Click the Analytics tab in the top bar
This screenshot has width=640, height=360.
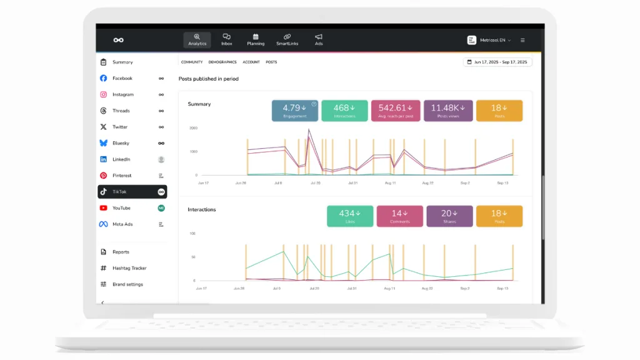click(197, 40)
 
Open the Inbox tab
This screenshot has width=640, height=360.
click(226, 40)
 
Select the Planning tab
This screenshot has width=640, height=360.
click(256, 40)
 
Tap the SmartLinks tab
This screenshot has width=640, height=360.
click(287, 40)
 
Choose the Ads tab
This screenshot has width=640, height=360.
click(319, 40)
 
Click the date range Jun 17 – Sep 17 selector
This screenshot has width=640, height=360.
click(497, 62)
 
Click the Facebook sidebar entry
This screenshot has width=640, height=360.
click(122, 78)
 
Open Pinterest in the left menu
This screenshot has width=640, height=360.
click(122, 176)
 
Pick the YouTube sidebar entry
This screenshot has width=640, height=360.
click(121, 208)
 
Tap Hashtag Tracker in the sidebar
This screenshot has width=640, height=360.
click(129, 268)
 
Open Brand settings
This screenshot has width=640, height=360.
click(127, 284)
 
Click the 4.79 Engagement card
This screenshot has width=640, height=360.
click(295, 111)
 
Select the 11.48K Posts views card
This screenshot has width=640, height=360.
click(448, 111)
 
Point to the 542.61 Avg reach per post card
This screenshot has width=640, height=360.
click(396, 111)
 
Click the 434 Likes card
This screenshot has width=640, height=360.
click(350, 216)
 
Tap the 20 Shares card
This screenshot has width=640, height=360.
click(449, 216)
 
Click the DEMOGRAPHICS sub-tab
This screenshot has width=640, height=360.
click(222, 62)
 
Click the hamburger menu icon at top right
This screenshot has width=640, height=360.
click(522, 40)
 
